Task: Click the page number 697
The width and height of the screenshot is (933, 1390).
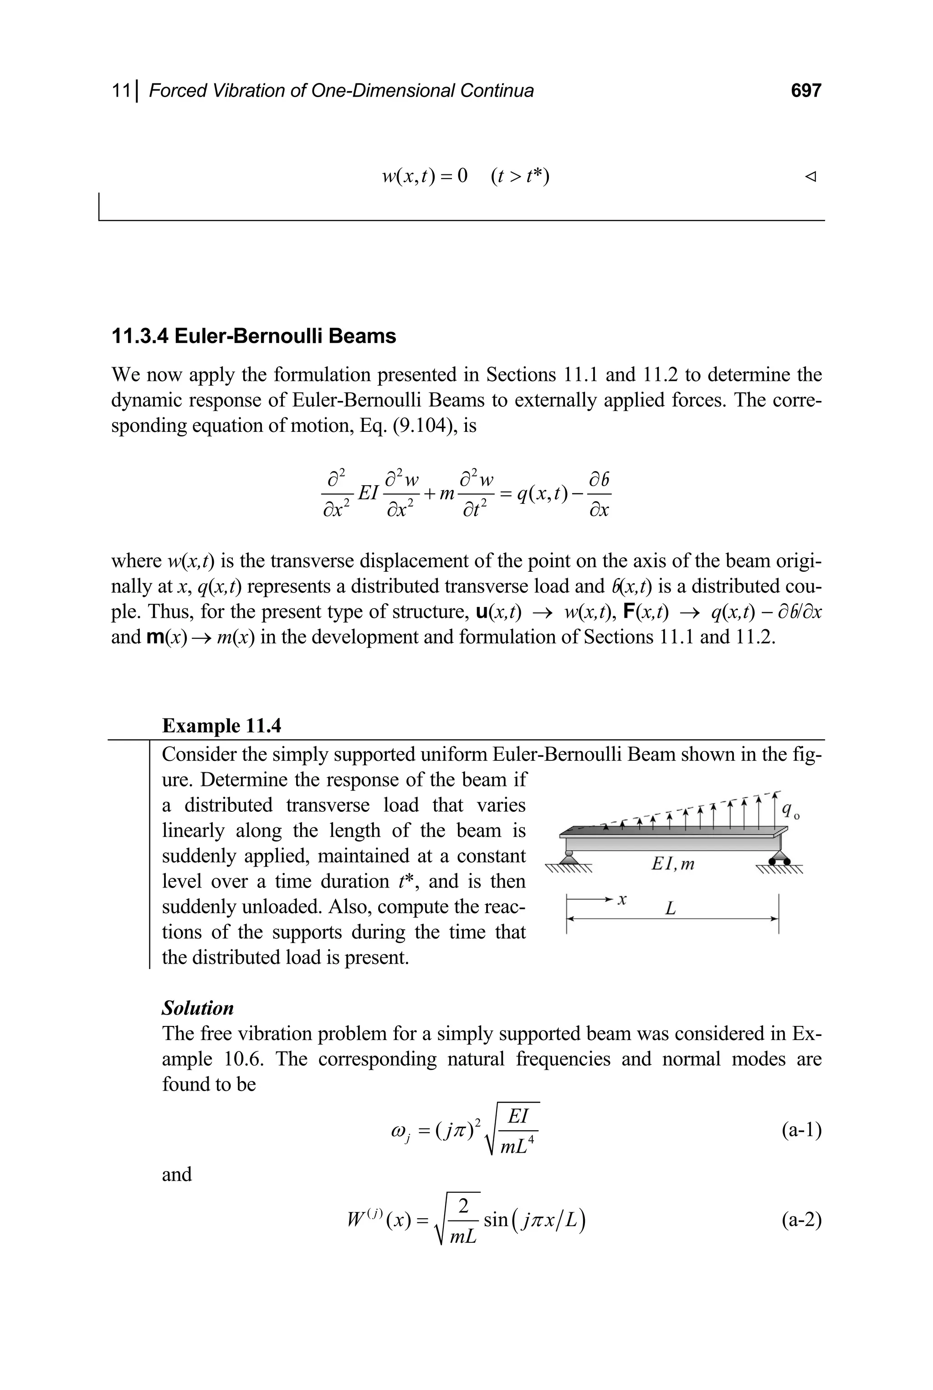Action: point(805,91)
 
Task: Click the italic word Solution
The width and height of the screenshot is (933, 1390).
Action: point(198,1008)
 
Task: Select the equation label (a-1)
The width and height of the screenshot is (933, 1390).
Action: point(801,1129)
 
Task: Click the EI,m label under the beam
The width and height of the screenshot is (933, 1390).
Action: point(672,863)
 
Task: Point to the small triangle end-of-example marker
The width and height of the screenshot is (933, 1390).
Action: point(809,176)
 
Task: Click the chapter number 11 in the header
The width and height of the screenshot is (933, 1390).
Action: point(121,91)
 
